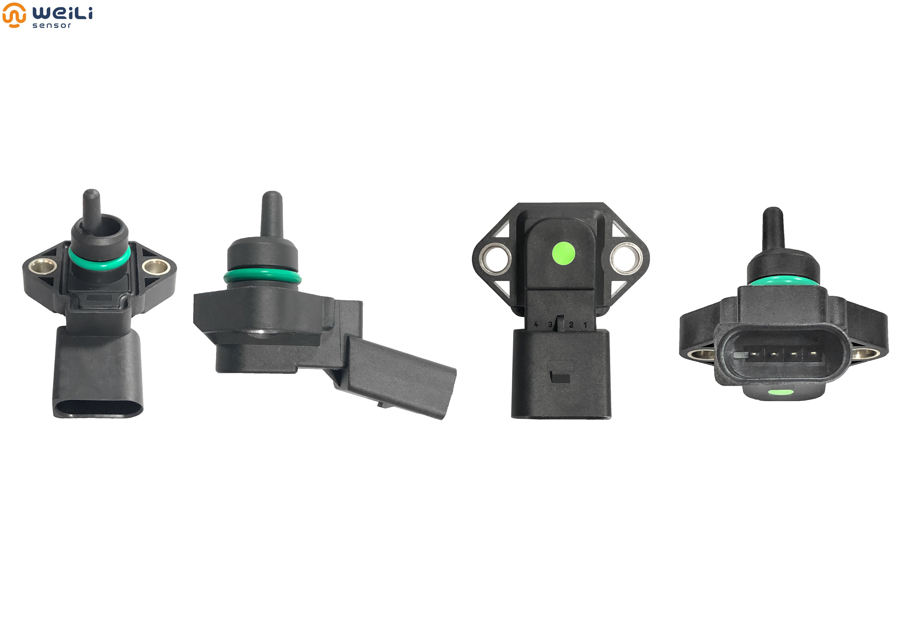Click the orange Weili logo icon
(14, 15)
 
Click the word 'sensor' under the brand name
(52, 25)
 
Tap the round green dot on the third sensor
(563, 253)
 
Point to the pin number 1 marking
(585, 324)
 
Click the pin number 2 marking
(571, 324)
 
